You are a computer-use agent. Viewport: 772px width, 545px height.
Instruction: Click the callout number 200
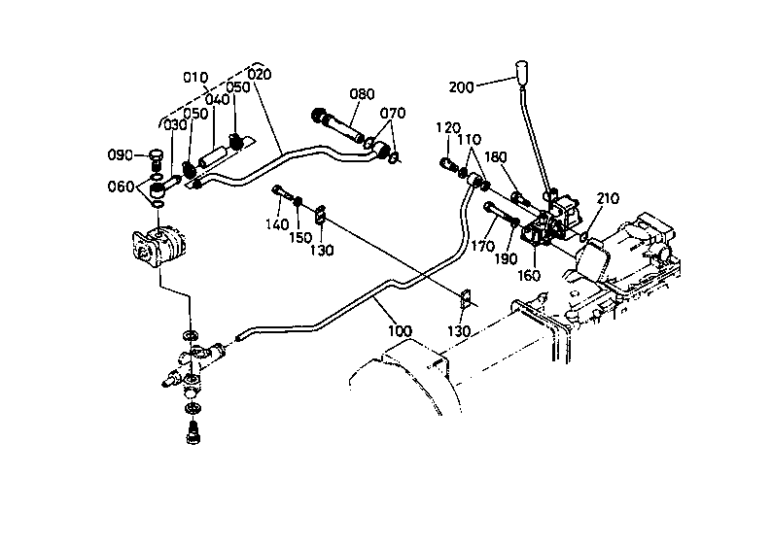[461, 87]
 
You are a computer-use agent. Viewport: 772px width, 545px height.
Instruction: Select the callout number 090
[121, 154]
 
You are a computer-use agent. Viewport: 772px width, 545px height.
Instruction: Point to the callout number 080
[362, 94]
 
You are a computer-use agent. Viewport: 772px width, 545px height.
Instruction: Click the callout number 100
[400, 331]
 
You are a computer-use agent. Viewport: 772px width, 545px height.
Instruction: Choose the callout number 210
[608, 199]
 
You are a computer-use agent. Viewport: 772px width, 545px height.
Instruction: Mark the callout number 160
[529, 276]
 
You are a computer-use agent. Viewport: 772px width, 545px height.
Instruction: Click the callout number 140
[277, 224]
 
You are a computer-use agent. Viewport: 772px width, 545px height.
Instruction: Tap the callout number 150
[300, 238]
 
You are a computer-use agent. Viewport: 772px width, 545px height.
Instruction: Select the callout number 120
[448, 128]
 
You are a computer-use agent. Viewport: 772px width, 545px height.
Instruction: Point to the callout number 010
[195, 77]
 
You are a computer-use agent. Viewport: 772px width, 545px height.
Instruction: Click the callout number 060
[121, 187]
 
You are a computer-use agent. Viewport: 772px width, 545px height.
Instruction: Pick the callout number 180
[495, 157]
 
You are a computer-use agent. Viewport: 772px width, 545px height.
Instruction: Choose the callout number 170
[482, 246]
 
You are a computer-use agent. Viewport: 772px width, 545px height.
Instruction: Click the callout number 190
[506, 258]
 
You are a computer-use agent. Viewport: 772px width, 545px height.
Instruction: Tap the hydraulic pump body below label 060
[156, 247]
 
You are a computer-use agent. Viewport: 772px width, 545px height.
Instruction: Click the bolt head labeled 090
[156, 155]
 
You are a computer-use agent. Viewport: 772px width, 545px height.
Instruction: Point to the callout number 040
[218, 99]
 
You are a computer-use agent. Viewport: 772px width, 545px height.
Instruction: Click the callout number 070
[393, 113]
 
